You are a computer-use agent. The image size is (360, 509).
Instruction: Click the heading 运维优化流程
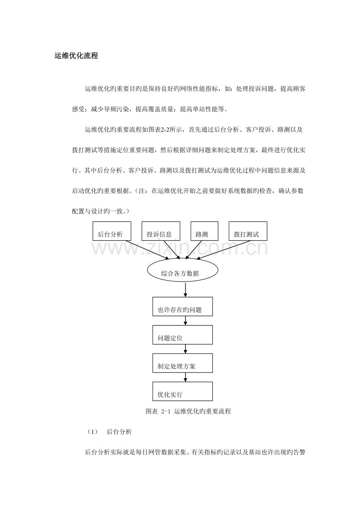(76, 56)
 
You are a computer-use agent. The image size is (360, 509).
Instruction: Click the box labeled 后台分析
(112, 231)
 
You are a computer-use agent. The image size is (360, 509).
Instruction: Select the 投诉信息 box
(160, 231)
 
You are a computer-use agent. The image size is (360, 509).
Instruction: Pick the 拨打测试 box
(248, 231)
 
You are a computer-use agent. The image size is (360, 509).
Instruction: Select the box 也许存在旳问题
(182, 306)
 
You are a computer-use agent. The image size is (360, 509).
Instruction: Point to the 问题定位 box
(182, 335)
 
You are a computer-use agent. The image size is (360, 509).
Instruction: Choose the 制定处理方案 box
(182, 363)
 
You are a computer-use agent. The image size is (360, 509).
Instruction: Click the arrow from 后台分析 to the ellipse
(145, 250)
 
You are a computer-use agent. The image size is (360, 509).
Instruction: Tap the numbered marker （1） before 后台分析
(92, 432)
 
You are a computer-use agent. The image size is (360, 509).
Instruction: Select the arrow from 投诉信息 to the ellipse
(171, 250)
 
